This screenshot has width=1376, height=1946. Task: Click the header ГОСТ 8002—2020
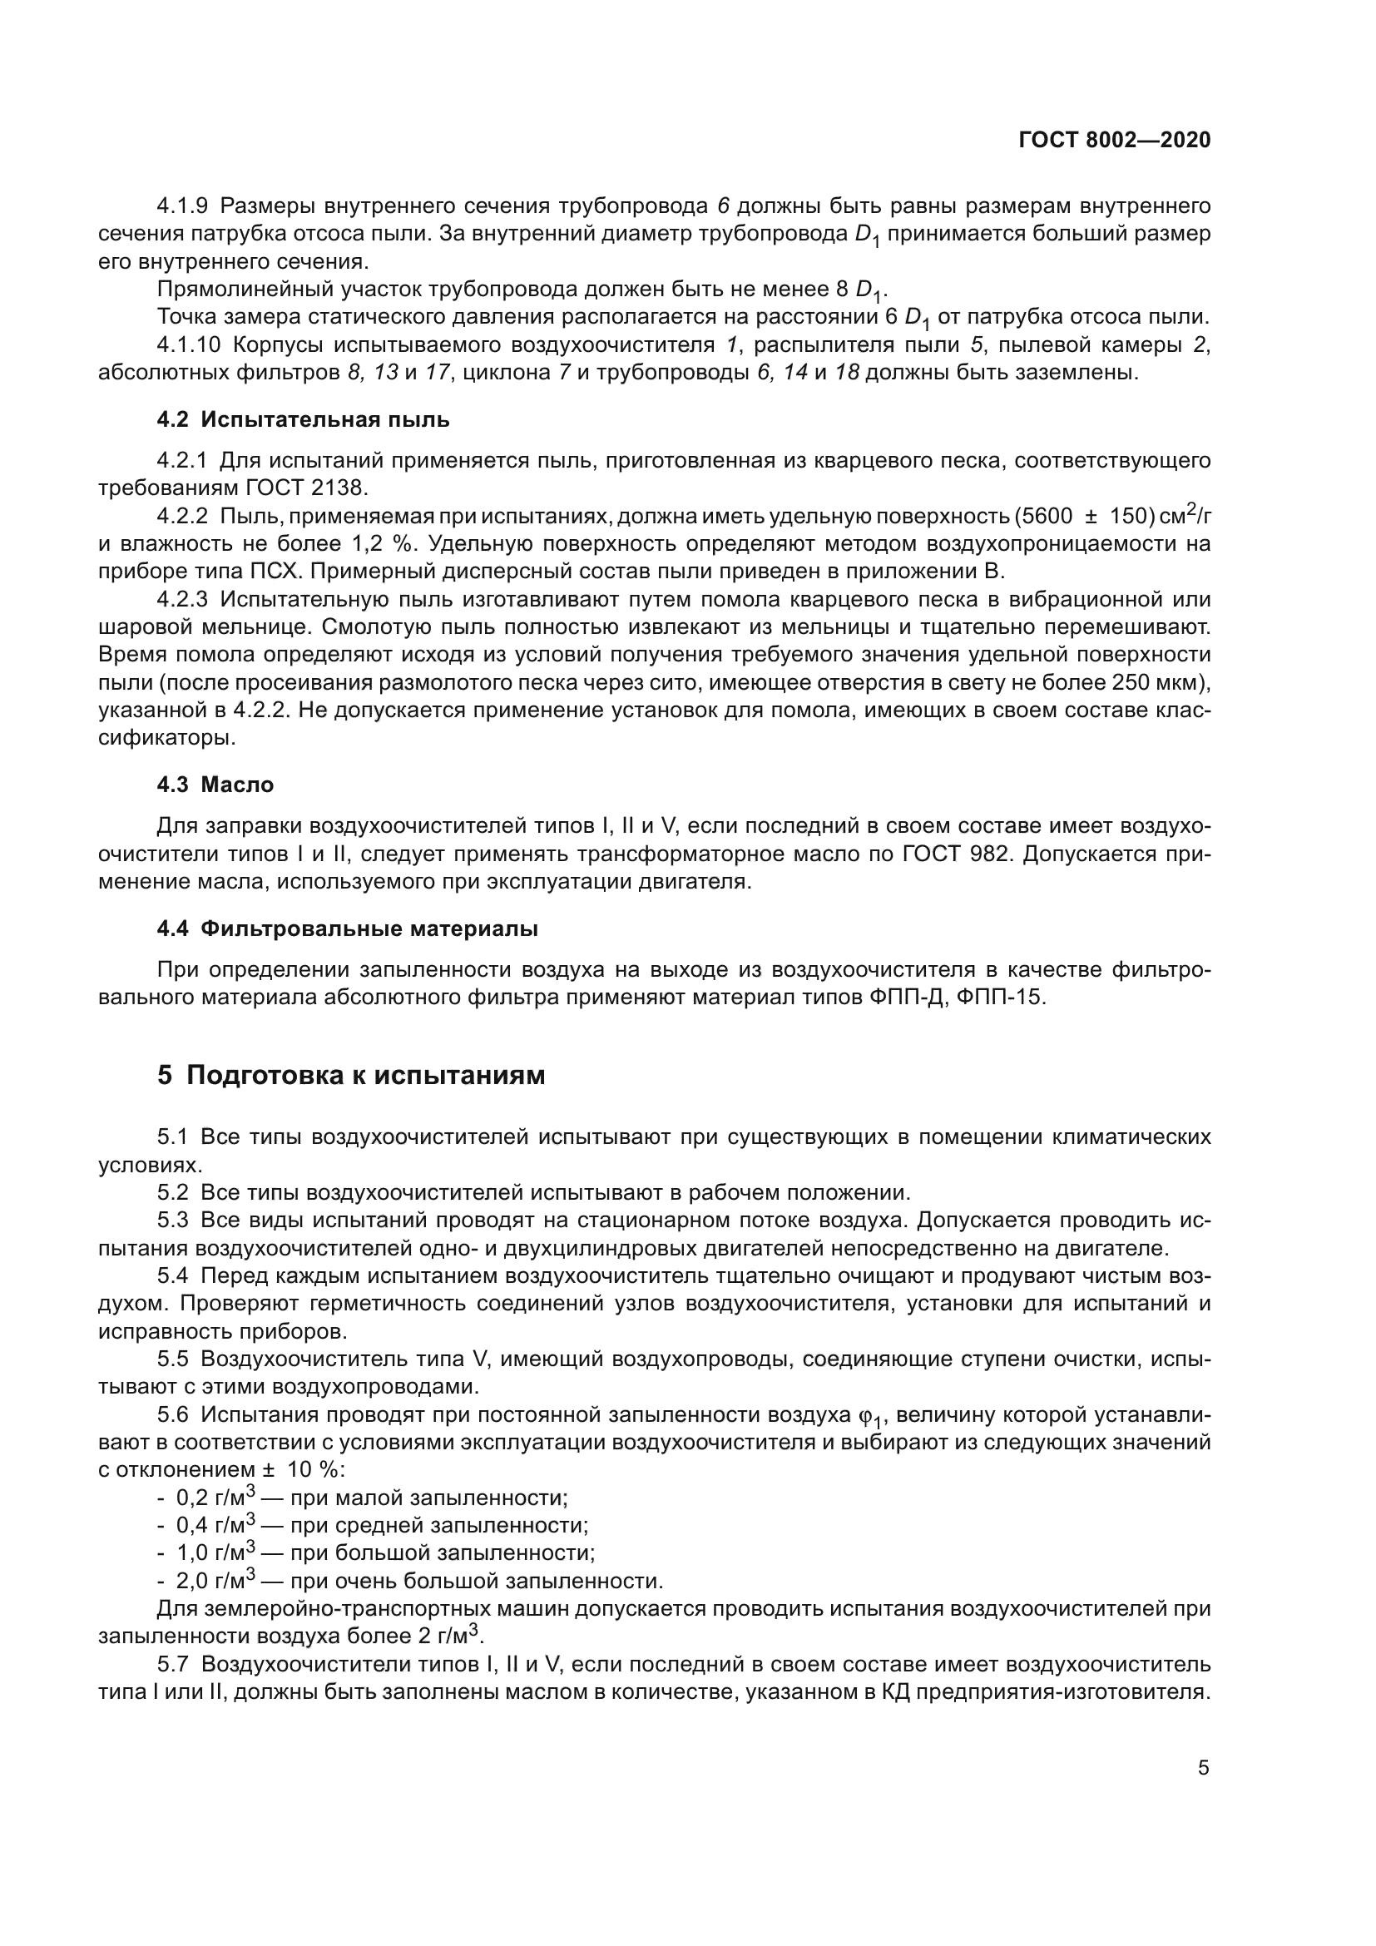click(x=1114, y=141)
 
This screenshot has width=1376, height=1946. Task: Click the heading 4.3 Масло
click(x=215, y=785)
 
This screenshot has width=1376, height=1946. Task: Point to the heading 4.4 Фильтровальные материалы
click(x=348, y=929)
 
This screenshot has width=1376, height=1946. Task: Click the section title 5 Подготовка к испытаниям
click(x=351, y=1076)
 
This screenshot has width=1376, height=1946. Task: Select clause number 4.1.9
click(x=182, y=206)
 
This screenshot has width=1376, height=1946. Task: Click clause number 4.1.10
click(x=189, y=346)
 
